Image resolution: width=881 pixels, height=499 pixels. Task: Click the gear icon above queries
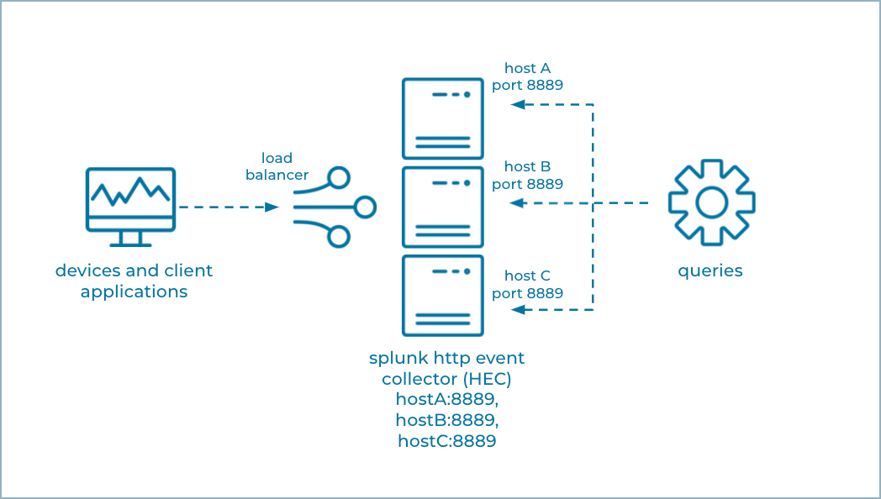pos(711,203)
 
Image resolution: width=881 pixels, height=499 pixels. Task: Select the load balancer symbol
pos(334,207)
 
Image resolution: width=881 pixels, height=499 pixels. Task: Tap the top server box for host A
pos(442,118)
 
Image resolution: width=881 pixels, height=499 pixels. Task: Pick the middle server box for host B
pos(442,207)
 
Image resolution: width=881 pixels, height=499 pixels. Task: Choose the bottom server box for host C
pos(442,295)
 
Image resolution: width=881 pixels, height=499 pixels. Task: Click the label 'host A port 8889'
pos(527,76)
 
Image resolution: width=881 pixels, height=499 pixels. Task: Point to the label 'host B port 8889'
pos(527,176)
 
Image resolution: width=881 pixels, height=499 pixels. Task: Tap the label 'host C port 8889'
pos(527,285)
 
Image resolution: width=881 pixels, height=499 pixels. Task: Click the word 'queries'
pos(710,271)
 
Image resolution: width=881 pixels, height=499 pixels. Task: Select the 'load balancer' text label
pos(277,166)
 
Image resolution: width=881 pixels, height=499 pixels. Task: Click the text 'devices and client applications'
pos(134,281)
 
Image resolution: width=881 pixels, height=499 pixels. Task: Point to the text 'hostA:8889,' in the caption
pos(446,399)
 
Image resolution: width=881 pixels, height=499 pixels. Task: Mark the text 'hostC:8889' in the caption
pos(446,440)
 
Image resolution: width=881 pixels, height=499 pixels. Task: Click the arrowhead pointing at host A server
pos(518,105)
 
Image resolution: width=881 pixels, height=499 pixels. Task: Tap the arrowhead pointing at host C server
pos(518,310)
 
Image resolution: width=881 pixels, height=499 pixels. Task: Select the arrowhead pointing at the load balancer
pos(272,207)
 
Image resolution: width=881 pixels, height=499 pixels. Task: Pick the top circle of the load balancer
pos(339,177)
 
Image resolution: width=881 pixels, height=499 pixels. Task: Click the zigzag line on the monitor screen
pos(130,192)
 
